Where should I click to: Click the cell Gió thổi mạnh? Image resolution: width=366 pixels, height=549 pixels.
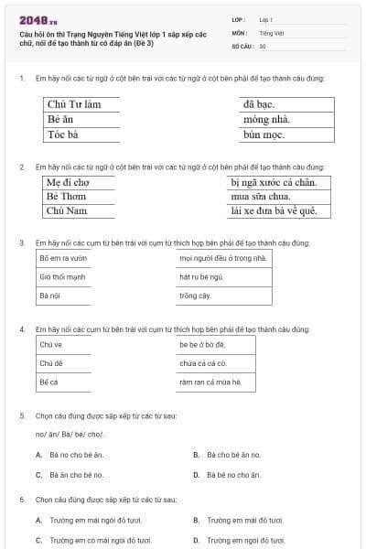(x=62, y=276)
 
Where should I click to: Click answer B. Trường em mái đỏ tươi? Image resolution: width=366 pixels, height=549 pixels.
(x=238, y=520)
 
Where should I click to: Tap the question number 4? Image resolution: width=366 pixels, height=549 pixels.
(x=22, y=327)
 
